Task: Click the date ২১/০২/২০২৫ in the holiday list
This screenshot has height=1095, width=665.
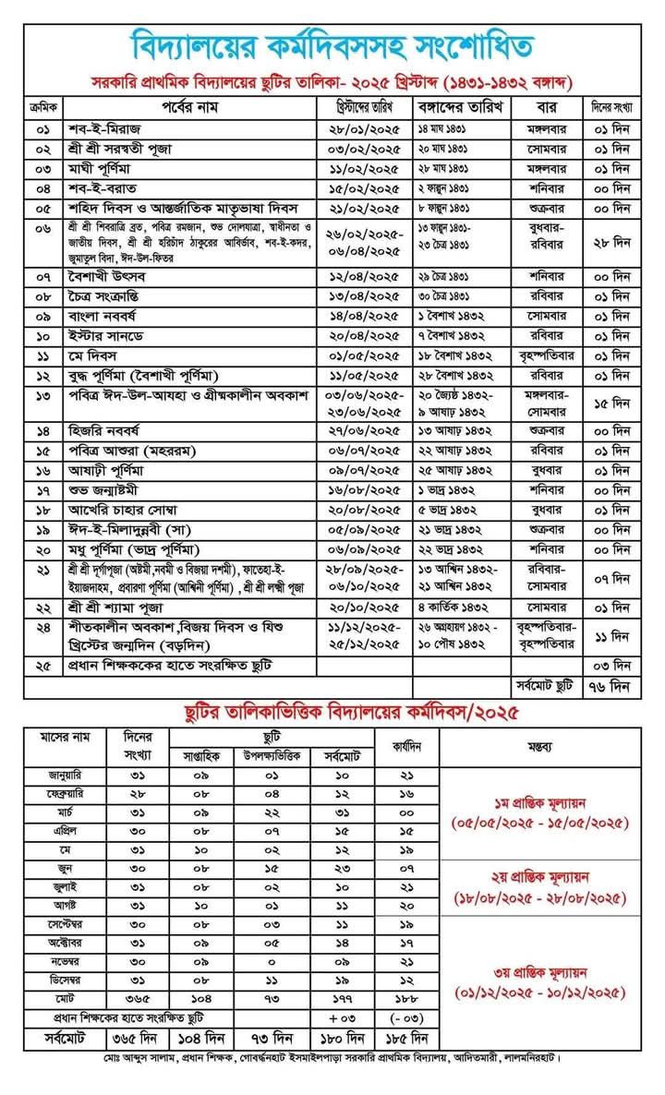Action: pyautogui.click(x=366, y=209)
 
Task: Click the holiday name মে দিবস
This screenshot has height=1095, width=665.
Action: pyautogui.click(x=91, y=355)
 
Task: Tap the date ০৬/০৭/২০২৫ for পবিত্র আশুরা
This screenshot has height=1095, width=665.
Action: pyautogui.click(x=366, y=450)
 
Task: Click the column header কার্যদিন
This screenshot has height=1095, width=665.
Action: pyautogui.click(x=406, y=747)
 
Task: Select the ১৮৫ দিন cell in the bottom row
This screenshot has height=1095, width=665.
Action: pyautogui.click(x=406, y=1037)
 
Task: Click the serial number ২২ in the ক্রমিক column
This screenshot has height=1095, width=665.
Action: pyautogui.click(x=42, y=607)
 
